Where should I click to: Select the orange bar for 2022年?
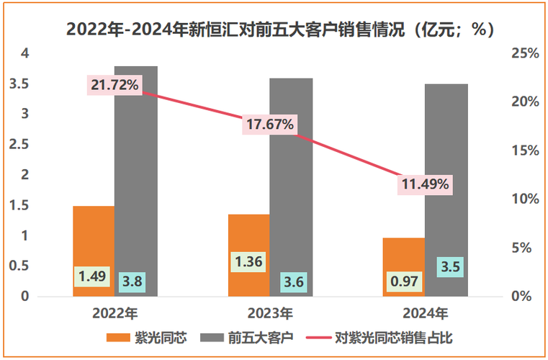[94, 238]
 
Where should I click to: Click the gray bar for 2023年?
[291, 180]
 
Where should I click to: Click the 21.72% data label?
[115, 86]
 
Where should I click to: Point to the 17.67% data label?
[270, 124]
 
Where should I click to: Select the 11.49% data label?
[426, 184]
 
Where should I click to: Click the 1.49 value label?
[91, 276]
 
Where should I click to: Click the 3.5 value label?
[449, 267]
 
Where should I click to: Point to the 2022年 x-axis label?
[114, 313]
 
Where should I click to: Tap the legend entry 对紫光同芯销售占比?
[382, 337]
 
